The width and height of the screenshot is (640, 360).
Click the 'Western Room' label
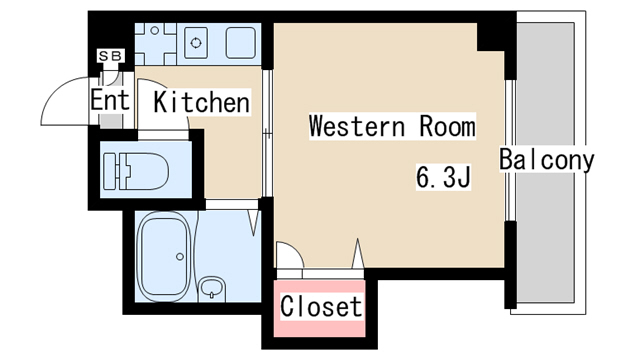point(392,126)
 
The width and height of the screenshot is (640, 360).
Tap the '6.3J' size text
point(444,176)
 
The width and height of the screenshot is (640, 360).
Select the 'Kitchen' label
point(202,102)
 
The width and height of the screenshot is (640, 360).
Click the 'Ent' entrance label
point(110,100)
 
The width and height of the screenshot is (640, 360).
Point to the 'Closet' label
point(321,306)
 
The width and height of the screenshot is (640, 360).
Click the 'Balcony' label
point(547,160)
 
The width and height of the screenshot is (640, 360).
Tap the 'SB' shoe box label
point(111,56)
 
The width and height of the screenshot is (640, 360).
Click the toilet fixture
point(136,171)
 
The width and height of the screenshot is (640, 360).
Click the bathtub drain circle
point(180,256)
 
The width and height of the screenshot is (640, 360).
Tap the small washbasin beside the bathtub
point(211,289)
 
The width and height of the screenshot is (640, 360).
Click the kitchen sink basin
point(241,43)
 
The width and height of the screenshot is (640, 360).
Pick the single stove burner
point(196,43)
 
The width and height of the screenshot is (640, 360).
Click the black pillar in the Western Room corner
point(491,38)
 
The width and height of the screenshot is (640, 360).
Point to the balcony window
point(509,151)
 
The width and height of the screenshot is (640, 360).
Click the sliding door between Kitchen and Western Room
point(267,134)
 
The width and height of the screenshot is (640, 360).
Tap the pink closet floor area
point(319,308)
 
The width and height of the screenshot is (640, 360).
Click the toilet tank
point(111,171)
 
